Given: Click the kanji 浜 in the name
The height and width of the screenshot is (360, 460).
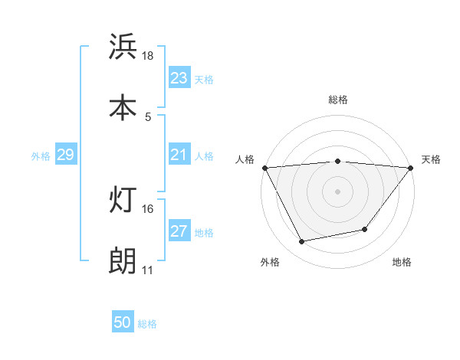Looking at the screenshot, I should (123, 47).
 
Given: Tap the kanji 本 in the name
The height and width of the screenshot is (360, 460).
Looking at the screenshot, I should (123, 107).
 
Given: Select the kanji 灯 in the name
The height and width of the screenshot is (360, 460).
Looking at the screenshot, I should (123, 200).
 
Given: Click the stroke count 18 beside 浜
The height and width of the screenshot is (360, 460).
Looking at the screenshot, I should (148, 56).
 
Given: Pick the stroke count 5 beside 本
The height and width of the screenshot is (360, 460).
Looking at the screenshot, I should (147, 117).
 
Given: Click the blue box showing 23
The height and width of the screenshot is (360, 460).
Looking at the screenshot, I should (179, 78).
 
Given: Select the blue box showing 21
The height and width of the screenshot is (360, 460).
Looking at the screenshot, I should (179, 155).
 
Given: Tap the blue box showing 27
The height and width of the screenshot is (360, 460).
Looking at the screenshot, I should (179, 231).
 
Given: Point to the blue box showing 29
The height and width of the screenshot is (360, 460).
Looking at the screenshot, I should (65, 155).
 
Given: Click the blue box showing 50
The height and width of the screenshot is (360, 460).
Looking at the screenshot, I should (123, 323).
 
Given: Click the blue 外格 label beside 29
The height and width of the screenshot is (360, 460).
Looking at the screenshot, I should (41, 156).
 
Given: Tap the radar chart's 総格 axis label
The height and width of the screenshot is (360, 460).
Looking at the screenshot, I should (337, 100).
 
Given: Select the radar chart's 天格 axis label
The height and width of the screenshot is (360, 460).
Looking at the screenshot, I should (431, 159).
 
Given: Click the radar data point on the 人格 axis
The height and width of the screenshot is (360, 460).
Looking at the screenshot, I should (264, 168).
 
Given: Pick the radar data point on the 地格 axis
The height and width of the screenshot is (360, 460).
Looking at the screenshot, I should (365, 229).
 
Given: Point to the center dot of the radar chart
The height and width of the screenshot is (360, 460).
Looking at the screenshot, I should (337, 191).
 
